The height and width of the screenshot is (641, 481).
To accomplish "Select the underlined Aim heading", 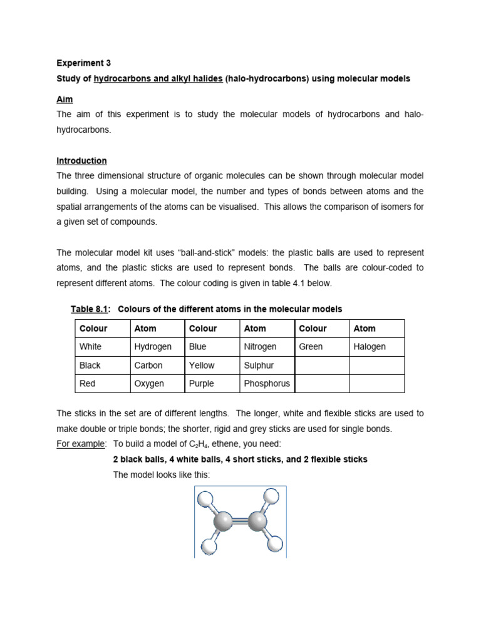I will click(65, 100).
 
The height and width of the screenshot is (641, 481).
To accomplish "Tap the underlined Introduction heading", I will click(81, 161).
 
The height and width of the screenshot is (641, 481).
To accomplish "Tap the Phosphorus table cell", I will click(266, 384).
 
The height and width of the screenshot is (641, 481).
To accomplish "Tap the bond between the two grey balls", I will click(240, 521).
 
